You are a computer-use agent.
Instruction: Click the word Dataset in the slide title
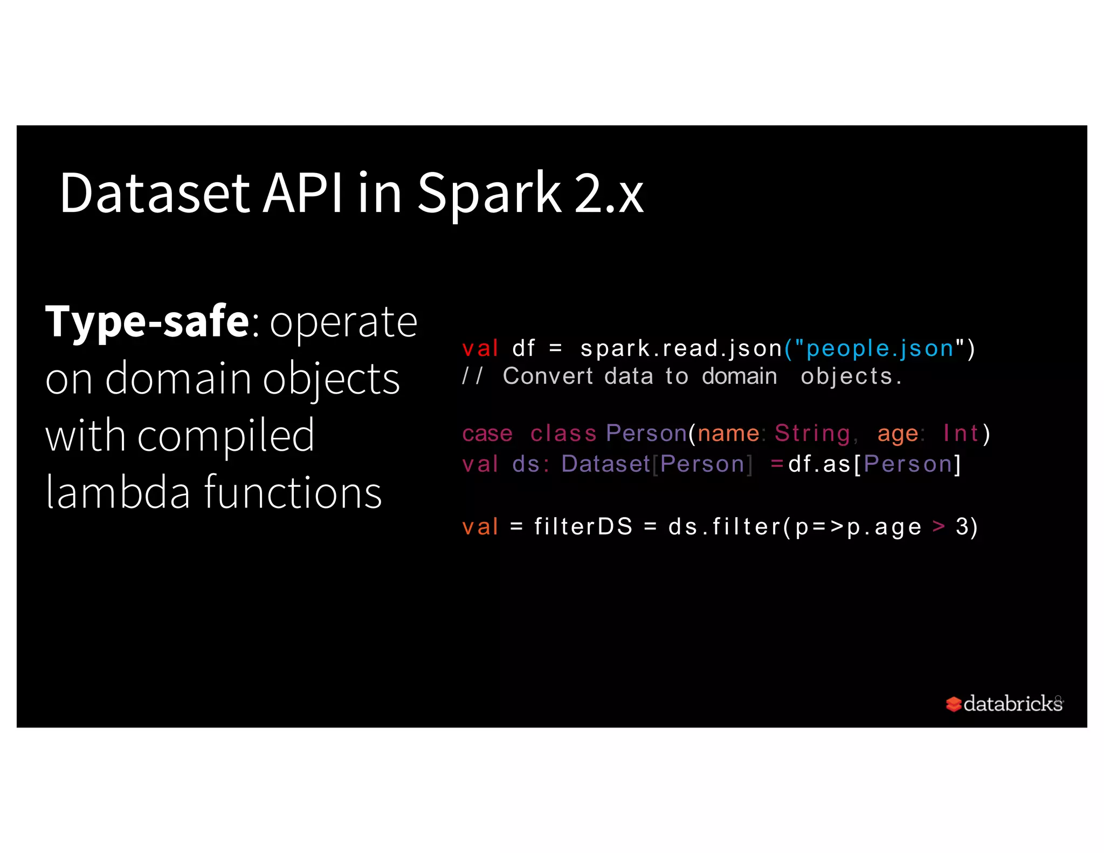[154, 194]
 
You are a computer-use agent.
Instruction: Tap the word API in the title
[303, 194]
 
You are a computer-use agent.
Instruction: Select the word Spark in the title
[489, 194]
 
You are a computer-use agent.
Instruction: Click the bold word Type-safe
[147, 322]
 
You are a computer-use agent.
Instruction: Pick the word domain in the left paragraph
[178, 379]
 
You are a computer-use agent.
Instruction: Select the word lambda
[118, 492]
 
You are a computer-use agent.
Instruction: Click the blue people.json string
[880, 349]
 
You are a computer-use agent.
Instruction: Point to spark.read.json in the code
[681, 349]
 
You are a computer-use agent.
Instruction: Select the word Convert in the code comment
[548, 376]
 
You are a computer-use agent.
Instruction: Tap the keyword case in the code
[487, 434]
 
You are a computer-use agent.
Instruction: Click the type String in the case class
[812, 434]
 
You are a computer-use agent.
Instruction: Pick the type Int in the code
[961, 434]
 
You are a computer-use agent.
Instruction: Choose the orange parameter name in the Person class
[728, 434]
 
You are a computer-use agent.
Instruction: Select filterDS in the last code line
[583, 527]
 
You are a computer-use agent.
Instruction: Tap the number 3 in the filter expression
[962, 527]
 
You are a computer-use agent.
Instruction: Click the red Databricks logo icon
[953, 704]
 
